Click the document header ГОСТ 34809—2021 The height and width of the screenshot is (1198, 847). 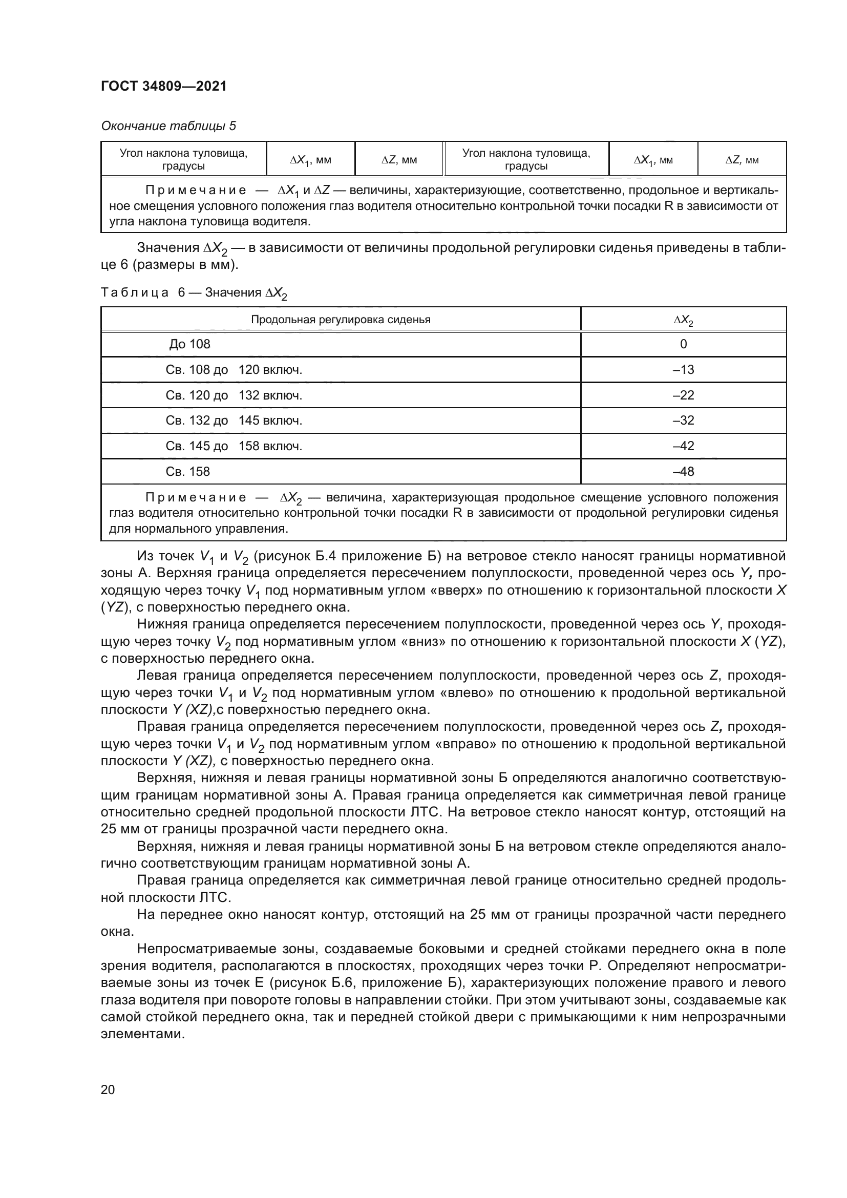click(x=164, y=86)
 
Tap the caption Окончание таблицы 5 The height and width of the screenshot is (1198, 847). click(x=168, y=126)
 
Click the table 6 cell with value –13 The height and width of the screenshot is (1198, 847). click(x=683, y=369)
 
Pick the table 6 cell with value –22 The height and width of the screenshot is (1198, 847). click(x=683, y=395)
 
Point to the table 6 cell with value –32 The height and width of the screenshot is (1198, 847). click(x=683, y=421)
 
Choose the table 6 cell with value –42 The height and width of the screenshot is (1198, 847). click(x=683, y=446)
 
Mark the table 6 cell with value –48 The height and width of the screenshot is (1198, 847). click(x=683, y=472)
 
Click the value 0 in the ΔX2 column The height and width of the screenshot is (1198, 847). click(x=683, y=344)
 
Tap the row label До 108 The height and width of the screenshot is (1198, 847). click(x=190, y=344)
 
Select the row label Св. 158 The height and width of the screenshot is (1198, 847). click(x=188, y=472)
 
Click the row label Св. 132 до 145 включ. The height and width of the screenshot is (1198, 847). click(x=234, y=421)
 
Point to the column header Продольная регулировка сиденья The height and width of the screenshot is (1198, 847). click(x=341, y=319)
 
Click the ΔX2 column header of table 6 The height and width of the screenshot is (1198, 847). click(x=683, y=320)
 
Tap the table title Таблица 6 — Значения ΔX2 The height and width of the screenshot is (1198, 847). click(x=194, y=293)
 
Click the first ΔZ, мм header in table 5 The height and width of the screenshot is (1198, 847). click(x=399, y=160)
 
